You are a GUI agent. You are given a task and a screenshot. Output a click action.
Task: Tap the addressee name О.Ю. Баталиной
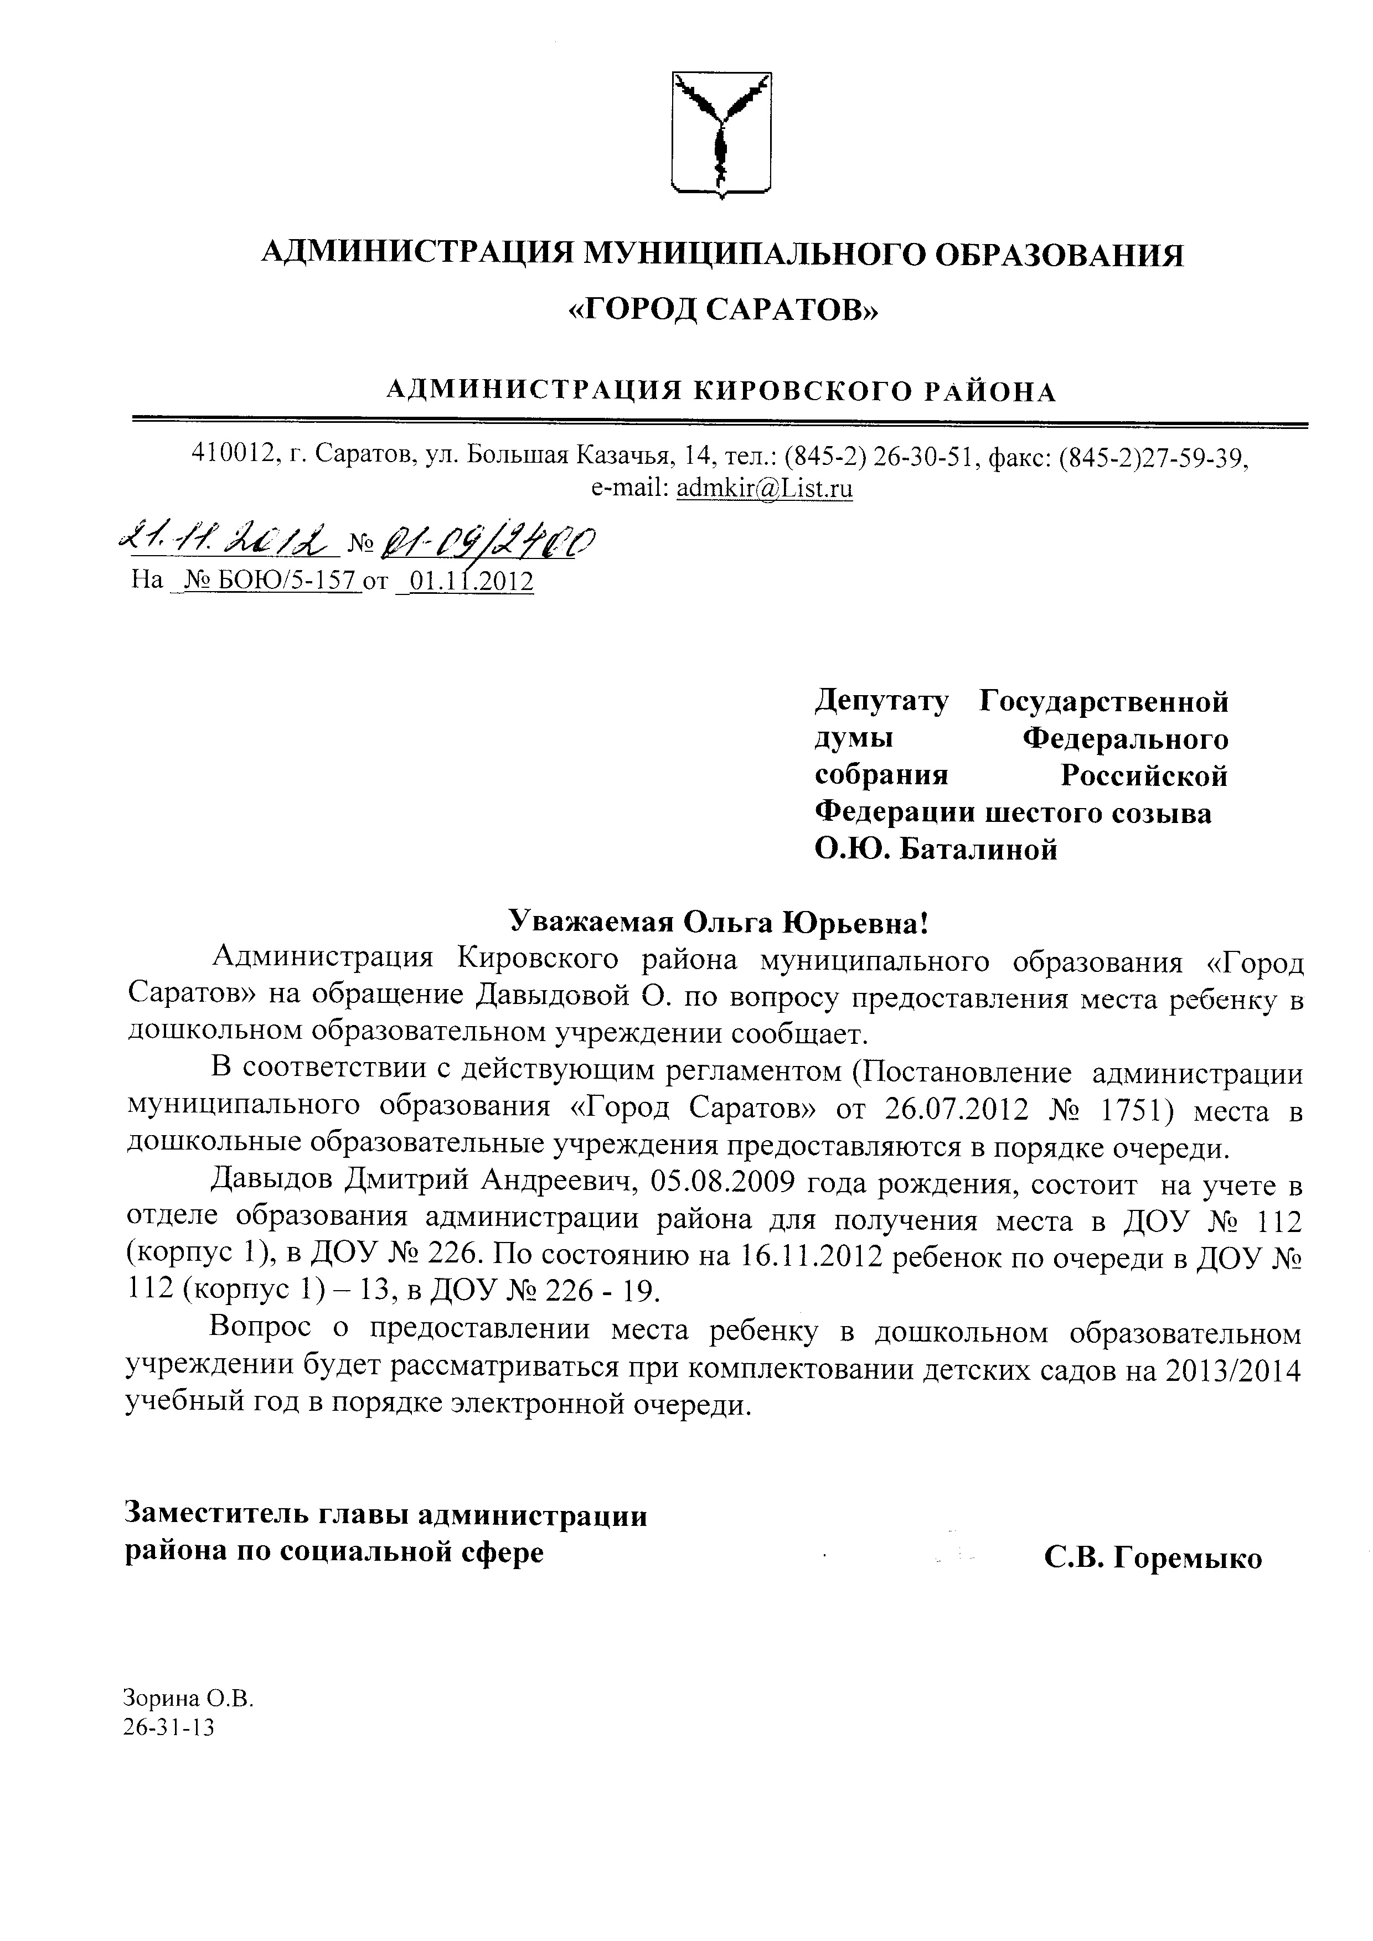[936, 848]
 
